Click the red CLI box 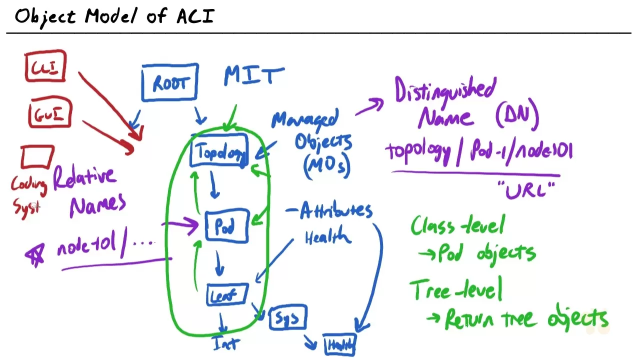[45, 66]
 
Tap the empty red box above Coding [37, 157]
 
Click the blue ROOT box [170, 83]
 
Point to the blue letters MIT [254, 76]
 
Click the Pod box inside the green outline [226, 227]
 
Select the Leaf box [226, 295]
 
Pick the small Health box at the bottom [339, 344]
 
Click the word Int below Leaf [225, 343]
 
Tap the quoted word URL [526, 190]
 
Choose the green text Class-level [457, 225]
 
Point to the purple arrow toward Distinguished [370, 107]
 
